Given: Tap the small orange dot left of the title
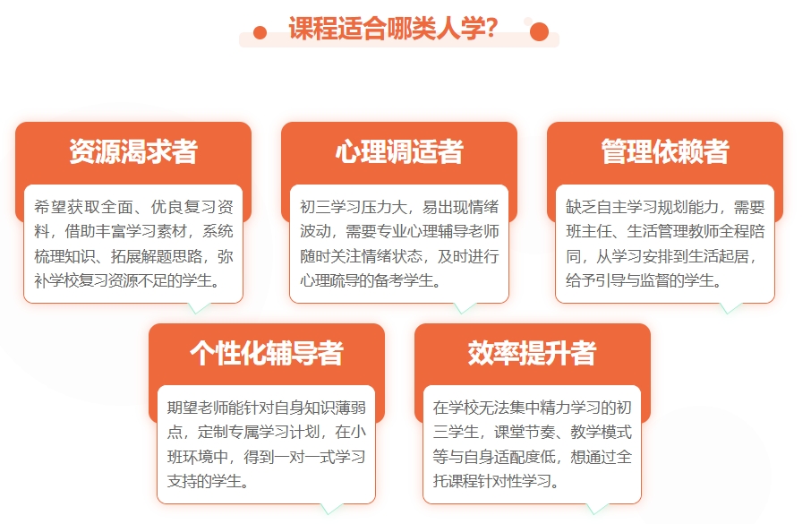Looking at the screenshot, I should coord(260,33).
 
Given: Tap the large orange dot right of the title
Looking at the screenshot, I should coord(539,32).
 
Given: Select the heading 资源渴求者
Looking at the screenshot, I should coord(133,151).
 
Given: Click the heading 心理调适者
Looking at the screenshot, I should coord(399,151).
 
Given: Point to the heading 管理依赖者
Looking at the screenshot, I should coord(665,151).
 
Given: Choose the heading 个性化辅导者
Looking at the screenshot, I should coord(266,353).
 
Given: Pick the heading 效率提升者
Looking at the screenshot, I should coord(532,353).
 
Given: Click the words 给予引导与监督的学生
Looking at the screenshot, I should coord(642,281).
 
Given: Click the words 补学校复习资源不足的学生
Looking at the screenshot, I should coord(125,281).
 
